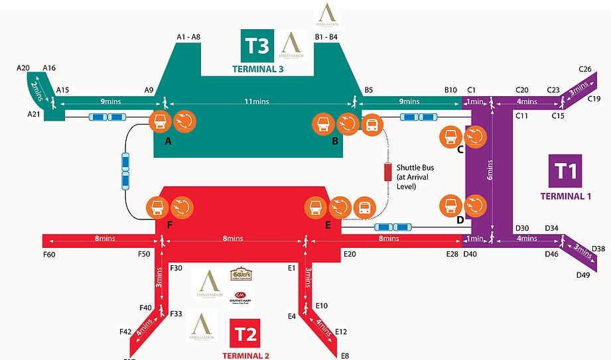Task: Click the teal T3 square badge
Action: coord(257,46)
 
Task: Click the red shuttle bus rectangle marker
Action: coord(387,172)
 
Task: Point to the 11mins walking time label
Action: coord(257,101)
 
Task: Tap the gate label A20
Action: coord(24,68)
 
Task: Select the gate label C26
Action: coord(585,69)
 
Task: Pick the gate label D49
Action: coord(583,274)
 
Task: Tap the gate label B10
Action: coord(451,90)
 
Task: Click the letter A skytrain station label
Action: coord(168,141)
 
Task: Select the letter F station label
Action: coord(170,225)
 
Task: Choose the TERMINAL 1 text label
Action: coord(565,196)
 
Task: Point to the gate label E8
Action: coord(344,356)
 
